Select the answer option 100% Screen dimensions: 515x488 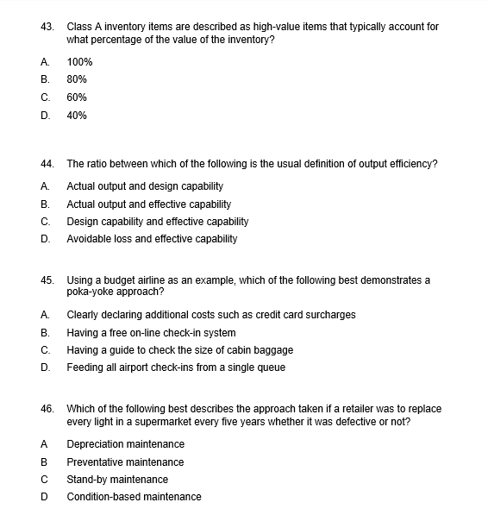tap(79, 62)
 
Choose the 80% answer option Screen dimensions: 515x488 tap(77, 79)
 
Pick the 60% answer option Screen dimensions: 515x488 tap(77, 97)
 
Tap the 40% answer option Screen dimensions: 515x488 tap(77, 115)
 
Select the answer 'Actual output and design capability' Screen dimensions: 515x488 tap(145, 185)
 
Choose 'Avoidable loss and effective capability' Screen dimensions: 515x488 tap(152, 238)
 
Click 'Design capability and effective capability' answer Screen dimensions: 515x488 tap(157, 221)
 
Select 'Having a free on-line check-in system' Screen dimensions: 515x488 tap(151, 332)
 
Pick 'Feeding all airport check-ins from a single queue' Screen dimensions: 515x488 tap(176, 367)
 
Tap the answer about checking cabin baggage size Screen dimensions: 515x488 tap(179, 349)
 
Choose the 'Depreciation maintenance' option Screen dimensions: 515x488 tap(125, 443)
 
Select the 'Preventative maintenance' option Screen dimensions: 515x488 tap(125, 462)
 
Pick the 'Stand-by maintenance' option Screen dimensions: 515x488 tap(117, 479)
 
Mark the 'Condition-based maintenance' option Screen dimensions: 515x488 tap(134, 496)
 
